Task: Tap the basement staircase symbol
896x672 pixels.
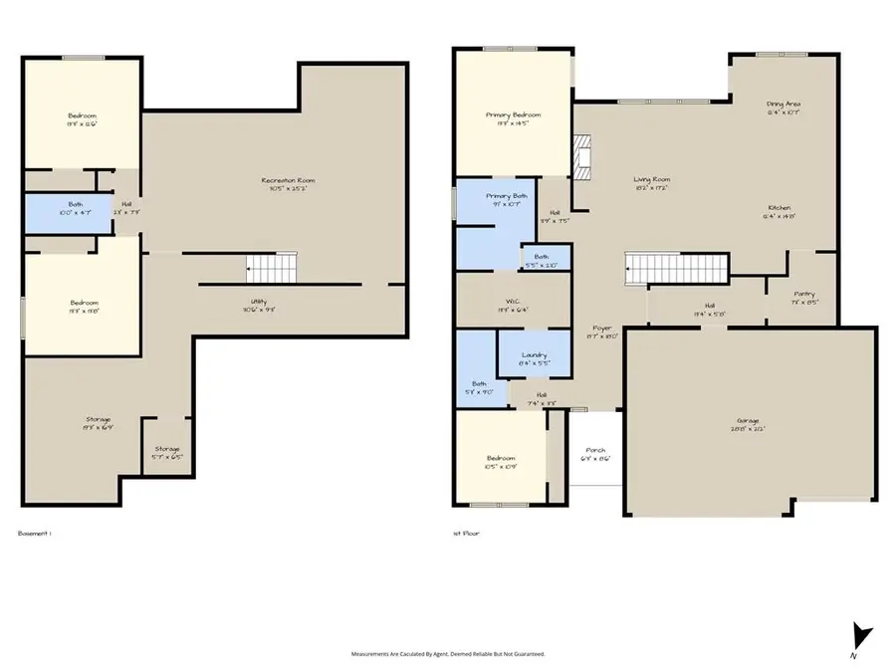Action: (272, 267)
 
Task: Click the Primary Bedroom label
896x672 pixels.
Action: (507, 114)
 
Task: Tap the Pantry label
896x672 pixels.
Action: (804, 295)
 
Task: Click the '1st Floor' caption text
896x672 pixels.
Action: (466, 534)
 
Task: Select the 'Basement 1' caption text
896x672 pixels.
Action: (34, 534)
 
